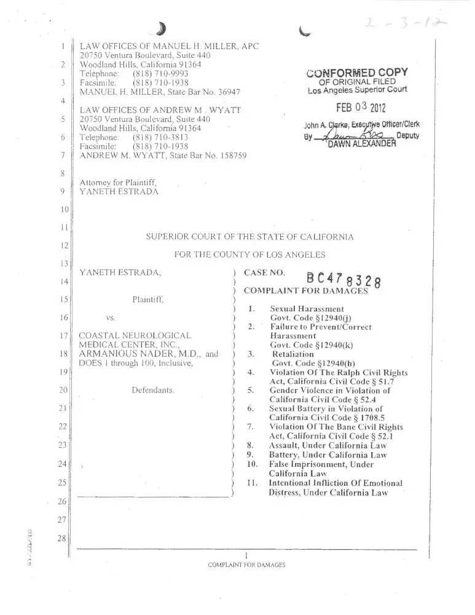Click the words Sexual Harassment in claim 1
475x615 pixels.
tap(307, 308)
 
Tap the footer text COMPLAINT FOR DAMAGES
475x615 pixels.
tap(246, 565)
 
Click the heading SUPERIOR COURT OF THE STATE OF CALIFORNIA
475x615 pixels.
tap(249, 237)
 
